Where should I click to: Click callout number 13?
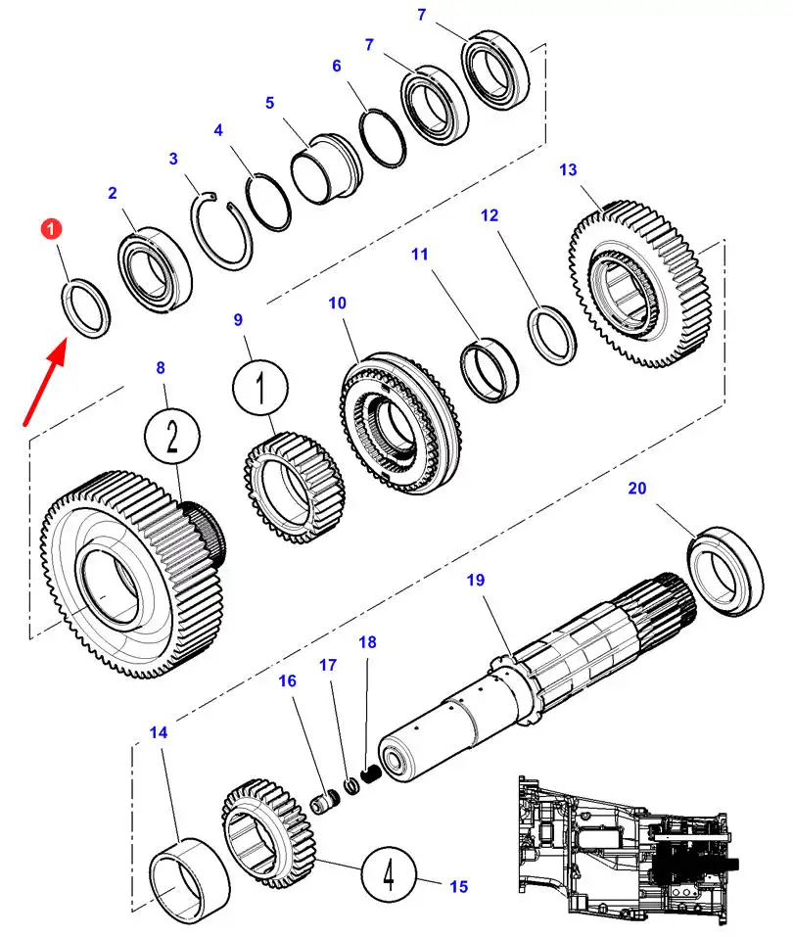click(x=569, y=170)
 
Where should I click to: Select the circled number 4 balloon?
click(x=389, y=872)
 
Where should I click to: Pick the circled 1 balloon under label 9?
click(x=262, y=391)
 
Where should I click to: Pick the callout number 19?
click(x=475, y=581)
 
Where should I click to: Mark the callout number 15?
click(x=458, y=887)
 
